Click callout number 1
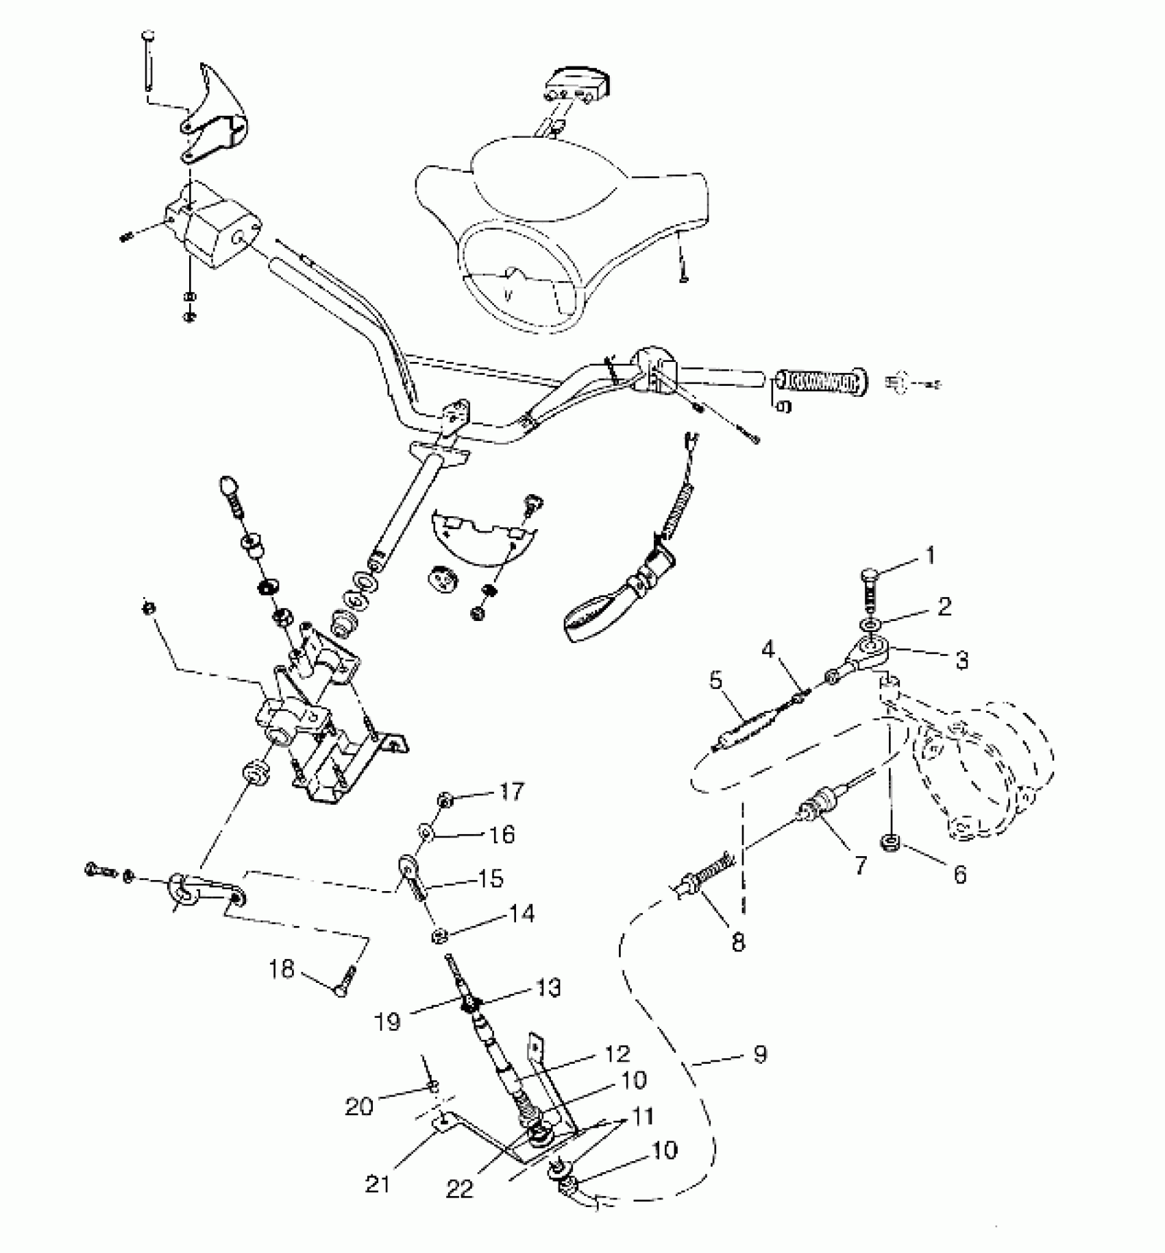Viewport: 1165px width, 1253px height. [930, 555]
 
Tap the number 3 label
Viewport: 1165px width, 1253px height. [961, 659]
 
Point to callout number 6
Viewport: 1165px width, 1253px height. [959, 874]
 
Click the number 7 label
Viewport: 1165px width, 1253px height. [860, 865]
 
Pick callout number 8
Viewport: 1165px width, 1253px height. [737, 942]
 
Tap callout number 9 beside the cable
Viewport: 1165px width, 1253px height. [760, 1054]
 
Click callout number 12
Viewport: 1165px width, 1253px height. [617, 1054]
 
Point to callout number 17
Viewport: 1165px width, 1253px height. [511, 792]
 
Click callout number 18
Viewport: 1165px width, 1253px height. [282, 969]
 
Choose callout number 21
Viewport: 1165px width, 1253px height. [378, 1184]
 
